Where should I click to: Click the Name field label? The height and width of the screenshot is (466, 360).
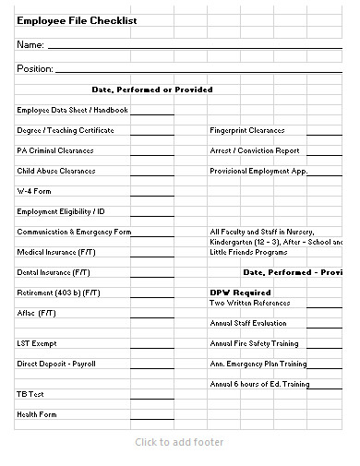point(30,44)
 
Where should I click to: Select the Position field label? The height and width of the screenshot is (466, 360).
point(35,68)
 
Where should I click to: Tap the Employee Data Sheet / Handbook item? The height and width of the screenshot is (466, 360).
point(72,110)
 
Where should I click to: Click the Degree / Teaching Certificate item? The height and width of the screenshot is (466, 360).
point(66,130)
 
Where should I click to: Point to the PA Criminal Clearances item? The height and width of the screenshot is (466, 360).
point(54,150)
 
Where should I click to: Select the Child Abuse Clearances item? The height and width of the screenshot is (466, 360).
point(56,171)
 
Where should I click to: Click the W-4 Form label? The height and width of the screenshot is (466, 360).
point(33,191)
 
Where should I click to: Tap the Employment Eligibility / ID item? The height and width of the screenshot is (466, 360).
point(61,211)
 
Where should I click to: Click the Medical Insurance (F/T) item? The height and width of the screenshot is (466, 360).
point(55,252)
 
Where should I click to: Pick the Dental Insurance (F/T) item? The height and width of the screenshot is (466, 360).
point(54,272)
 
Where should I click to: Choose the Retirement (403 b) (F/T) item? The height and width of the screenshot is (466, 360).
point(58,293)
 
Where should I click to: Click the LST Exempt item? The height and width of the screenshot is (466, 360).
point(37,343)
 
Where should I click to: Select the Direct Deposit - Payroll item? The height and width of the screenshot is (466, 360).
point(56,364)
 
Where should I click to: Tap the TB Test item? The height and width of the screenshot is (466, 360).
point(31,394)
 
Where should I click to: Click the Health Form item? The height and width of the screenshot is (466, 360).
point(37,414)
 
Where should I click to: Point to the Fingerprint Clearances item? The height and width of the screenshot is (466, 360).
point(247,130)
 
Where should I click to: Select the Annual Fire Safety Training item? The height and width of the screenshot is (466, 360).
point(254,343)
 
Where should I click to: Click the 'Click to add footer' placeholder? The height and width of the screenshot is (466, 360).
point(179,442)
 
